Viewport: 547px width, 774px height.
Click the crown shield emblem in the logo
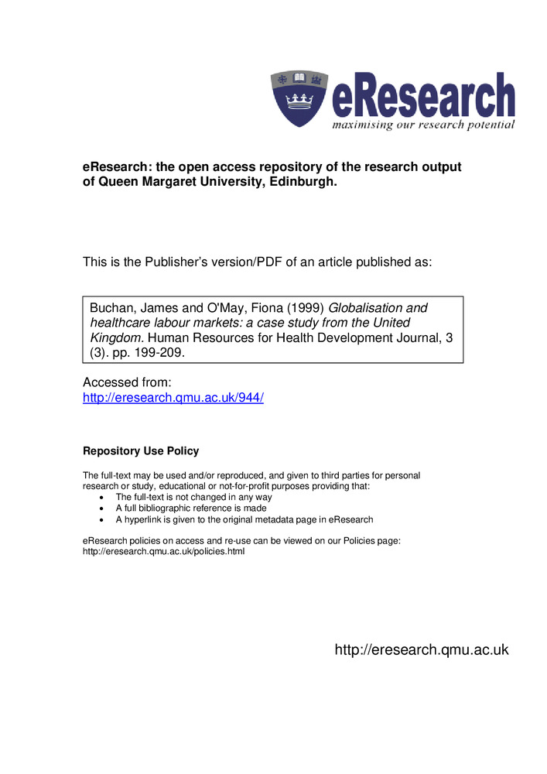[x=299, y=99]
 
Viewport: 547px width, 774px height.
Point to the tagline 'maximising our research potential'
[x=423, y=125]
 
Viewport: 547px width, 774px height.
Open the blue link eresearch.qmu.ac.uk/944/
[x=173, y=398]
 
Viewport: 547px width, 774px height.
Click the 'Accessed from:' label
[x=126, y=382]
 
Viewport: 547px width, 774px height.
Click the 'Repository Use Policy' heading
[x=141, y=451]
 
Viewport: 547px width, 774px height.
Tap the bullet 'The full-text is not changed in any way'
[x=193, y=497]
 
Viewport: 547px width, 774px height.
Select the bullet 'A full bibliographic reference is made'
[x=191, y=509]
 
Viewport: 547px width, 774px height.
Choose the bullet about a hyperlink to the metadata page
[x=244, y=519]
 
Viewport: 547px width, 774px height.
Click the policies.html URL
[x=163, y=552]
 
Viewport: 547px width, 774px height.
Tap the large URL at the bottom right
[x=422, y=650]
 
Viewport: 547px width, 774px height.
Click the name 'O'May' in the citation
[x=200, y=308]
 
